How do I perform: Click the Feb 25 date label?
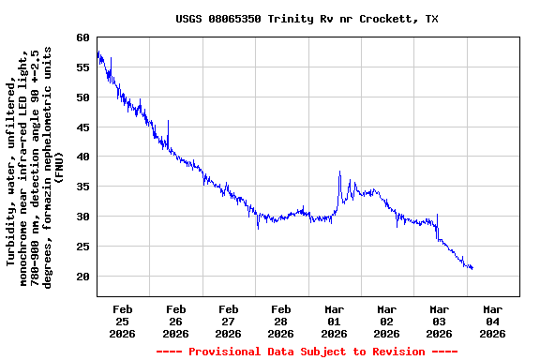click(x=123, y=321)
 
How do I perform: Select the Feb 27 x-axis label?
click(x=228, y=321)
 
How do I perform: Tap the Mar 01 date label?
click(x=334, y=321)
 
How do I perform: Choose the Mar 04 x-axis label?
click(x=492, y=321)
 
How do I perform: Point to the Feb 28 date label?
click(x=280, y=321)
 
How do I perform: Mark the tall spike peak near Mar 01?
click(x=339, y=172)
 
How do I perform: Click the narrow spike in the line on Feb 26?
click(x=168, y=121)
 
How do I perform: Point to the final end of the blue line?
click(x=472, y=269)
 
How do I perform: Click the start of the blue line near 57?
click(x=97, y=53)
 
